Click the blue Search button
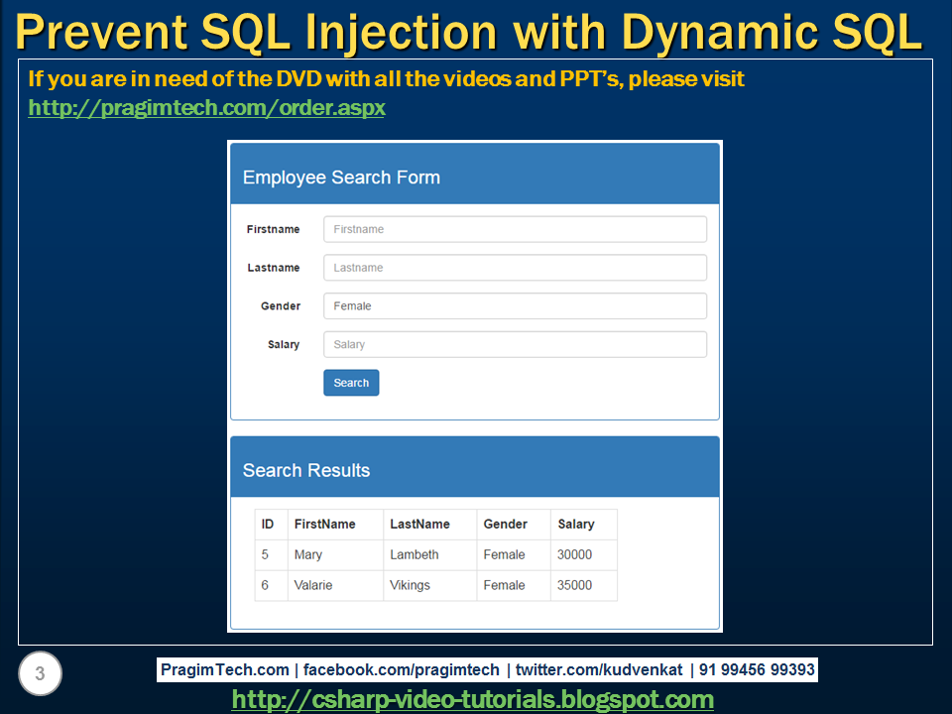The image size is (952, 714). pos(351,383)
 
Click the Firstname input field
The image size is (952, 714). pos(515,229)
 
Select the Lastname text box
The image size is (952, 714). pos(515,268)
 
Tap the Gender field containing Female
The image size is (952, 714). pos(515,306)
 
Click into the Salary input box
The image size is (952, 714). pos(515,344)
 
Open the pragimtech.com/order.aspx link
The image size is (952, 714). pos(206,107)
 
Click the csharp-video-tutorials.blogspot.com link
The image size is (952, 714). pos(472,699)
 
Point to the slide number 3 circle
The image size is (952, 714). pos(40,674)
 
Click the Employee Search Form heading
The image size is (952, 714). pos(341,178)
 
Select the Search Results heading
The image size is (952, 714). pos(305,470)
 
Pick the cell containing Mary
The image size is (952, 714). pos(307,554)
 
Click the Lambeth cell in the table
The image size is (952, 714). pos(414,554)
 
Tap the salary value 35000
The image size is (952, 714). pos(574,585)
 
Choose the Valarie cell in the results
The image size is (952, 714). pos(313,585)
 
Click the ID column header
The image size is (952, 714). pos(268,524)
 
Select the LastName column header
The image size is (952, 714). pos(419,524)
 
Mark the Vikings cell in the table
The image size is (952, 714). pos(410,585)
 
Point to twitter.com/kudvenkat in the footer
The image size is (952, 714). pos(599,669)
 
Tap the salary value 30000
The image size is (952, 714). pos(574,554)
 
